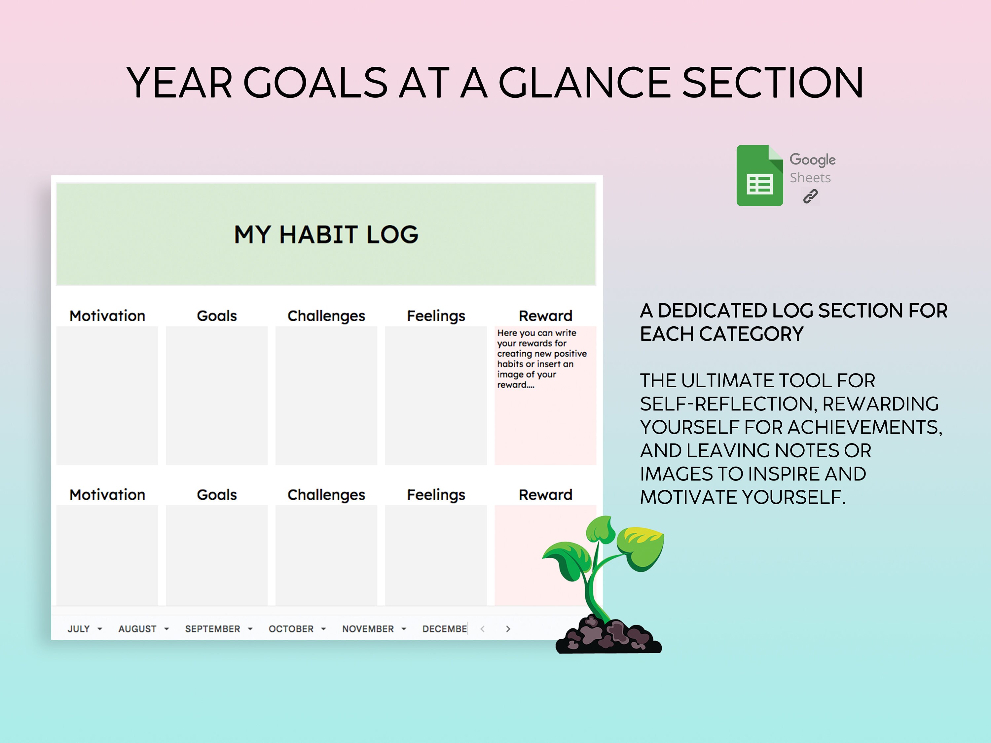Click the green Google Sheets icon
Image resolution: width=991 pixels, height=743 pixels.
point(759,176)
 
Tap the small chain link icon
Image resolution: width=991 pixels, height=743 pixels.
point(810,196)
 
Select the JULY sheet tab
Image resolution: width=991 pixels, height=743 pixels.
point(79,629)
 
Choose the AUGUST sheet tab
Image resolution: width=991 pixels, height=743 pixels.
point(137,629)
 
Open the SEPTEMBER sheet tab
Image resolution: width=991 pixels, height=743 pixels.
point(212,629)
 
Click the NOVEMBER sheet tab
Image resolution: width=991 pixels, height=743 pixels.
point(368,629)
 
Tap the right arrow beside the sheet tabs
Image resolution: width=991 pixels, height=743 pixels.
point(508,629)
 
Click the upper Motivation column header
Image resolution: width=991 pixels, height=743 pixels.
point(107,316)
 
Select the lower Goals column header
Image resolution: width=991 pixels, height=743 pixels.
point(217,495)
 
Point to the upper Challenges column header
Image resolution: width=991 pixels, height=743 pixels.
point(326,316)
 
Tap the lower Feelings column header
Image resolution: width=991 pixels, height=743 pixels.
point(436,495)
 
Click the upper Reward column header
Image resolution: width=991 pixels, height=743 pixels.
point(545,316)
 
